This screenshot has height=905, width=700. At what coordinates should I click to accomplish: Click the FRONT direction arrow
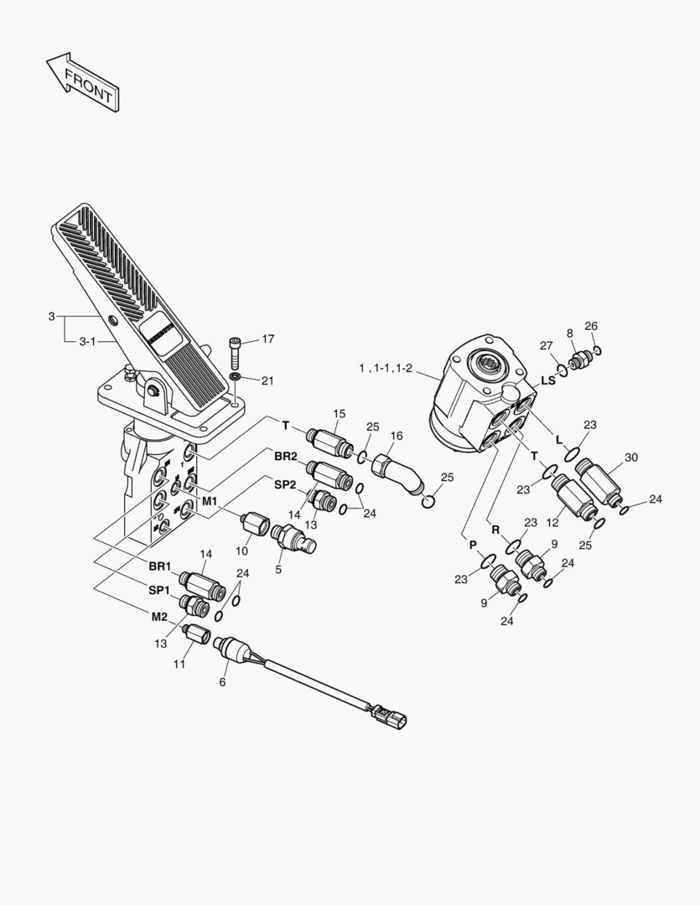pyautogui.click(x=82, y=82)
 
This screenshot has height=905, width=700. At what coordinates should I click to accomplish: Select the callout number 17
pyautogui.click(x=268, y=339)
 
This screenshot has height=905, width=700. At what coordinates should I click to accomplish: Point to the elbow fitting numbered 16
pyautogui.click(x=401, y=475)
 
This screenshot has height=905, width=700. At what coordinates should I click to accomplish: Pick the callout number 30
pyautogui.click(x=631, y=458)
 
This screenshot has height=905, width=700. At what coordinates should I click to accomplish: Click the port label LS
pyautogui.click(x=548, y=380)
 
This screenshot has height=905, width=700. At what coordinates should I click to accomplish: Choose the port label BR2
pyautogui.click(x=285, y=457)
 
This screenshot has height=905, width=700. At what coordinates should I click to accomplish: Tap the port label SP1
pyautogui.click(x=160, y=591)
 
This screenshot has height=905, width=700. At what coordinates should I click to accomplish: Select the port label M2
pyautogui.click(x=159, y=617)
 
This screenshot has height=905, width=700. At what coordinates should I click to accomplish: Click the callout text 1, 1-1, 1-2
pyautogui.click(x=386, y=369)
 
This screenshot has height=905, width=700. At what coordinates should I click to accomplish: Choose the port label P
pyautogui.click(x=472, y=545)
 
